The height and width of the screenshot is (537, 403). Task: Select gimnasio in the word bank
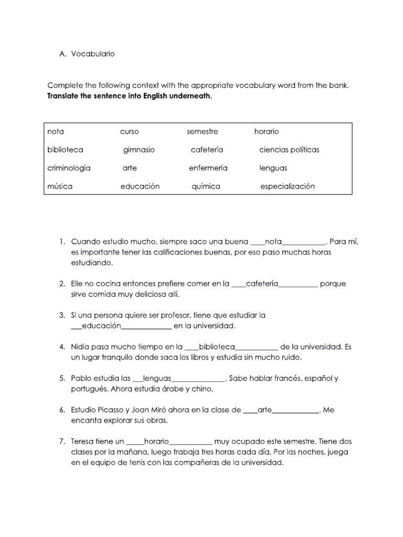[x=139, y=150]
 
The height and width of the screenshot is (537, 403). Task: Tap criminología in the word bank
[x=69, y=168]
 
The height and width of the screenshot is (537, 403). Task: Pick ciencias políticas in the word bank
[x=289, y=150]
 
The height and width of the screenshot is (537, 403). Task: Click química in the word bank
[x=206, y=187]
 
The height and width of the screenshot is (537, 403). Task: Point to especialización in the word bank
[x=288, y=187]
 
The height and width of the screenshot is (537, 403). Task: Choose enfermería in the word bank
[x=208, y=168]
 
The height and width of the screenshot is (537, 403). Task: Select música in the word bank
[x=60, y=187]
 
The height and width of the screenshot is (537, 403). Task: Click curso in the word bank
[x=130, y=132]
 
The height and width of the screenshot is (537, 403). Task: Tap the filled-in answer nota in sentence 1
[x=274, y=242]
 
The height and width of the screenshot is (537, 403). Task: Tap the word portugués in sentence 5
[x=89, y=389]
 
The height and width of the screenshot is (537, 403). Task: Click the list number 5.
[x=62, y=379]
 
